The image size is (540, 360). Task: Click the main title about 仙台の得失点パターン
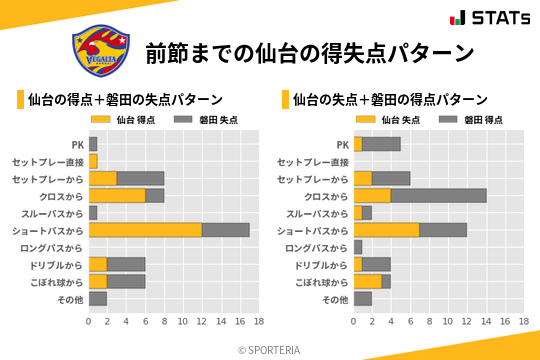point(309,52)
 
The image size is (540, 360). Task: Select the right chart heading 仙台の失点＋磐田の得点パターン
point(390,100)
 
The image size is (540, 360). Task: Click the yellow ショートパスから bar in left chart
point(145,230)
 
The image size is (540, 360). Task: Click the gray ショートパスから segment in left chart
point(225,230)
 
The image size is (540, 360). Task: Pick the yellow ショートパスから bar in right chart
point(386,230)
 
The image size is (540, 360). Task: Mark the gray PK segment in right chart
point(381,144)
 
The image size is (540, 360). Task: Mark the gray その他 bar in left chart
point(98,298)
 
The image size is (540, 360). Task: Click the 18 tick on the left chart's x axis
point(258,322)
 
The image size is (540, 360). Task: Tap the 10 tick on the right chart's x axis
point(448,322)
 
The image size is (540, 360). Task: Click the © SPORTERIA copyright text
point(270,349)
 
